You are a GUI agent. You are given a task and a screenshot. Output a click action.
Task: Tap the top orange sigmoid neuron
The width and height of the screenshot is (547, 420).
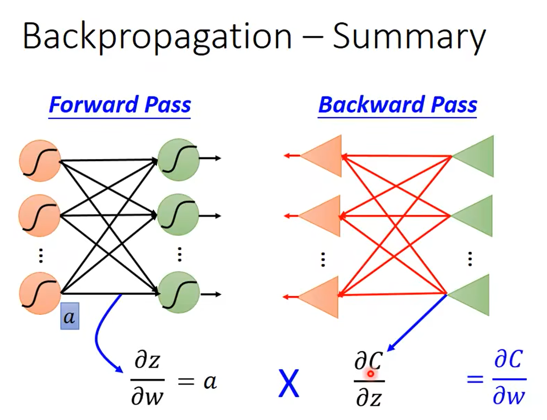click(x=40, y=161)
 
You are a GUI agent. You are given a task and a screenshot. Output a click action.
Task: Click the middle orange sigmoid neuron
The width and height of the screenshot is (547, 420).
click(x=40, y=216)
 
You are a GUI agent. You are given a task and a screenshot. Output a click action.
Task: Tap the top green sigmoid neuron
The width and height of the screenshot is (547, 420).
click(x=179, y=160)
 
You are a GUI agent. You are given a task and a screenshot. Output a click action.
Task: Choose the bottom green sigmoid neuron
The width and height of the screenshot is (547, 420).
click(x=179, y=292)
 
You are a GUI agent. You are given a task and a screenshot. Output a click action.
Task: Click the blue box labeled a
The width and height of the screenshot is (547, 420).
click(x=70, y=316)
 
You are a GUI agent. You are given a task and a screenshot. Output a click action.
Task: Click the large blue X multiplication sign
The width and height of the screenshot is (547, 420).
click(x=289, y=383)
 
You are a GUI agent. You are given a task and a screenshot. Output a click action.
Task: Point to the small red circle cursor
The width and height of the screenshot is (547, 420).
click(x=371, y=373)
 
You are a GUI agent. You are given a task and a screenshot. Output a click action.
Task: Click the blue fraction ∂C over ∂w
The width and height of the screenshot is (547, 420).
click(x=509, y=378)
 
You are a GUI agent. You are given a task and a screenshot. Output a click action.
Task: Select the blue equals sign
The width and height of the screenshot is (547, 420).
click(x=475, y=379)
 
